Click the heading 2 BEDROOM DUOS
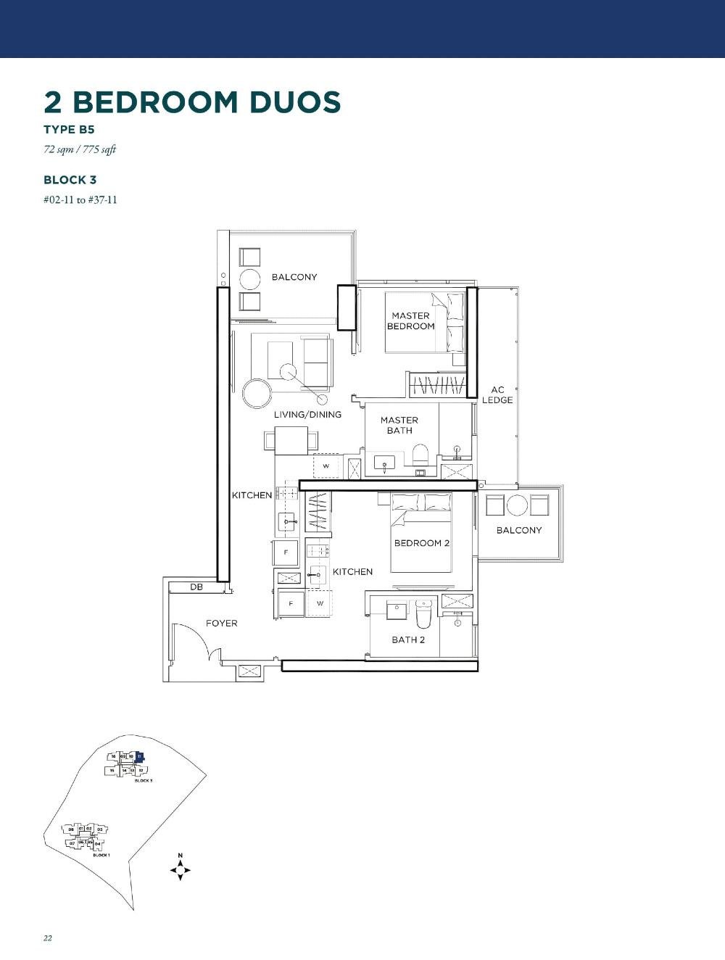pos(192,102)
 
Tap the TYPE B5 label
pos(69,130)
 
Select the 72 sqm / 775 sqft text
pos(80,150)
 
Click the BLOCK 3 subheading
pos(70,180)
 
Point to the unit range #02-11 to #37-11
pos(80,199)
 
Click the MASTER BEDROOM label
pos(410,320)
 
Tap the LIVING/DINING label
pos(307,415)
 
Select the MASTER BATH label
pos(399,425)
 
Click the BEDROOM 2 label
pos(422,543)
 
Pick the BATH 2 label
pos(408,640)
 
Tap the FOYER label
pos(221,623)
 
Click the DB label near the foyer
pos(196,587)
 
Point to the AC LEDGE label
pos(497,395)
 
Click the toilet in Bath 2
pos(423,614)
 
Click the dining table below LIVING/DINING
pos(291,440)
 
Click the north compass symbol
pos(180,868)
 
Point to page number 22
pos(48,938)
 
